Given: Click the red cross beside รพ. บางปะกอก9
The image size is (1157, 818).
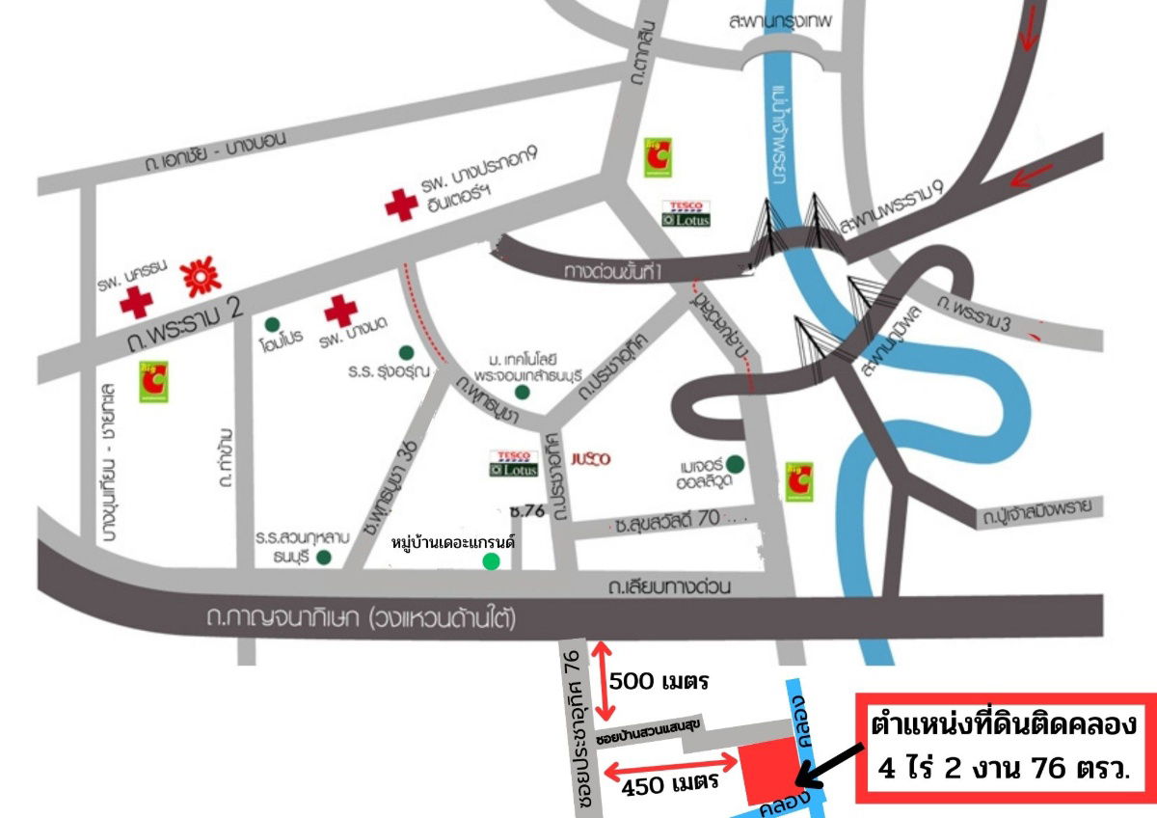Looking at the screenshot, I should pyautogui.click(x=400, y=204).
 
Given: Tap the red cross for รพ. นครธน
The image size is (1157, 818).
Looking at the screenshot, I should pyautogui.click(x=136, y=303).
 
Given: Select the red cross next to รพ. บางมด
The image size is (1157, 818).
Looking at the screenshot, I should pyautogui.click(x=340, y=311).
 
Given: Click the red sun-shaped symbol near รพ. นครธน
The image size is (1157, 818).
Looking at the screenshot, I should pyautogui.click(x=202, y=277).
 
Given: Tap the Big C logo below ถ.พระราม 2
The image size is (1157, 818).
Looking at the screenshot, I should pyautogui.click(x=152, y=382).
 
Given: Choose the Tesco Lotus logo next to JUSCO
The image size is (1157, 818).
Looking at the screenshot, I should pyautogui.click(x=511, y=463).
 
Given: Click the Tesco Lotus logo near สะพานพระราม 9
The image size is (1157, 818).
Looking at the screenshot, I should pyautogui.click(x=686, y=214).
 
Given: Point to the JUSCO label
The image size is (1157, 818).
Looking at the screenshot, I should pyautogui.click(x=591, y=459).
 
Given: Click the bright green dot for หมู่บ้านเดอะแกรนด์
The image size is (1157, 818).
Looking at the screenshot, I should pyautogui.click(x=492, y=561).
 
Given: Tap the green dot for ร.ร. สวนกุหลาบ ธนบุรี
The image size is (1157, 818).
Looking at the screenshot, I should pyautogui.click(x=324, y=557).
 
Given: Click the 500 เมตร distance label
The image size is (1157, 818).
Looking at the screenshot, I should pyautogui.click(x=659, y=683).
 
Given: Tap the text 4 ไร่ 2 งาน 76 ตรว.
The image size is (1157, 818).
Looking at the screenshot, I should pyautogui.click(x=1003, y=770).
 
